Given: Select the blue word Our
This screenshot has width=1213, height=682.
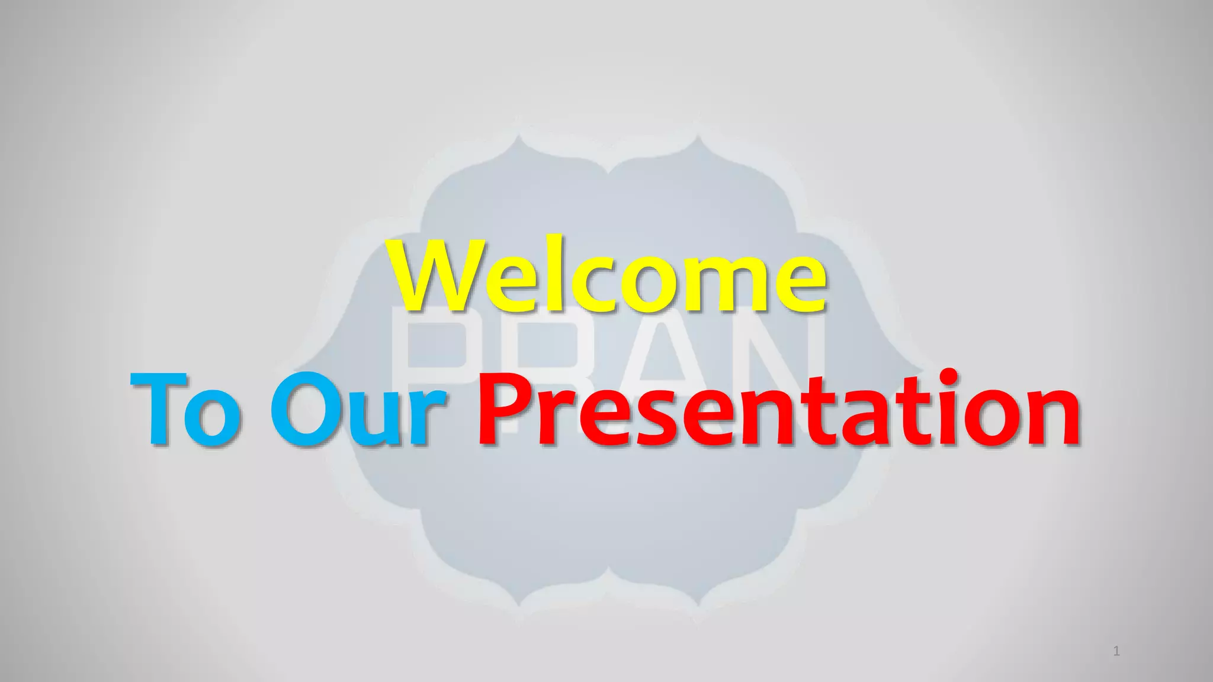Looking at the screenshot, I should coord(358,408).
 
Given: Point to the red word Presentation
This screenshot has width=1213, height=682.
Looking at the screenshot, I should coord(779,408).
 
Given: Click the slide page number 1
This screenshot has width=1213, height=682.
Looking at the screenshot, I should coord(1116,652).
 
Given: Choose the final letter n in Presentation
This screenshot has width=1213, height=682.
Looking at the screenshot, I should coord(1052,417).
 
